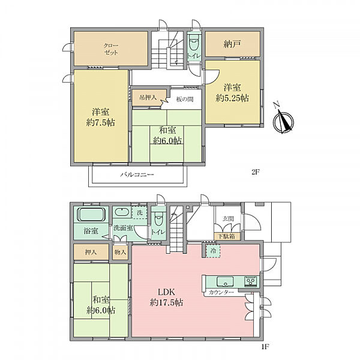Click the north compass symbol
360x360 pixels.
point(283,119)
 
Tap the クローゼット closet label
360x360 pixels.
point(111,49)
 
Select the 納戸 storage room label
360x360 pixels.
point(232,44)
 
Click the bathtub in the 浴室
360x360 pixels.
point(92,214)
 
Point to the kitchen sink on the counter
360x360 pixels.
point(225,281)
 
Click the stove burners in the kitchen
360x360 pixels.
point(251,281)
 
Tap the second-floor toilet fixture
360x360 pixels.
point(194,43)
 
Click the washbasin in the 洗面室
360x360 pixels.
point(122,212)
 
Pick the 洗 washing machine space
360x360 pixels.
point(139,212)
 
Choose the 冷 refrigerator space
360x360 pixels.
point(213,251)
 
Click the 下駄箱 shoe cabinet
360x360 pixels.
point(226,236)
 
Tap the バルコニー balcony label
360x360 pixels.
point(137,175)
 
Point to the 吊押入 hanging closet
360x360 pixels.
point(148,98)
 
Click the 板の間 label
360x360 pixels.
point(185,99)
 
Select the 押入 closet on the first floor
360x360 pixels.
point(91,252)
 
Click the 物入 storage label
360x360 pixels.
point(121,252)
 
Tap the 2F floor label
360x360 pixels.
point(256,172)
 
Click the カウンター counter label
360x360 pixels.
point(221,292)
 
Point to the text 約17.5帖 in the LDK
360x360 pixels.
point(166,302)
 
